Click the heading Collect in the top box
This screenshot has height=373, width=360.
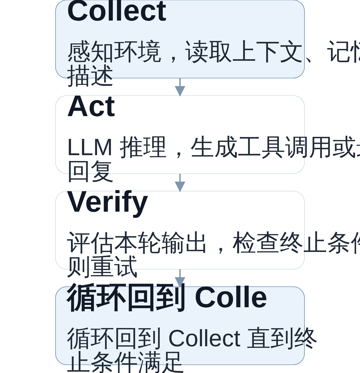[117, 12]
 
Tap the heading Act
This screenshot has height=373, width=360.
[91, 107]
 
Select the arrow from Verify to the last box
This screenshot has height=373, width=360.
[180, 278]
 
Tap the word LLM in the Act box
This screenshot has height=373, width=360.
[90, 148]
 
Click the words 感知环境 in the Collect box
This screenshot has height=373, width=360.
[114, 52]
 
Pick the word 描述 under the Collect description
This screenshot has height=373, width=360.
[90, 76]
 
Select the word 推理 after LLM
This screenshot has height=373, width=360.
[143, 147]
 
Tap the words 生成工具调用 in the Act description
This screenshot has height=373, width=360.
[249, 147]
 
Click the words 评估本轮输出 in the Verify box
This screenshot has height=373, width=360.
[136, 243]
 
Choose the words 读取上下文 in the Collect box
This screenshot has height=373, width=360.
[243, 52]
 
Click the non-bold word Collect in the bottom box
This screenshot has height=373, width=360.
[204, 339]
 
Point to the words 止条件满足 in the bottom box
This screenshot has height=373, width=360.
[125, 362]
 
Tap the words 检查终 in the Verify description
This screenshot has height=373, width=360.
[267, 243]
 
